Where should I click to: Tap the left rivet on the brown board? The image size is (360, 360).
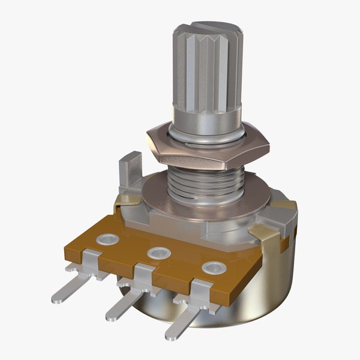coord(107,239)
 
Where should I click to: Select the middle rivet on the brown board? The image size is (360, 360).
coord(158,253)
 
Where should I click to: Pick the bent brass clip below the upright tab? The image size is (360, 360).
coord(128,200)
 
